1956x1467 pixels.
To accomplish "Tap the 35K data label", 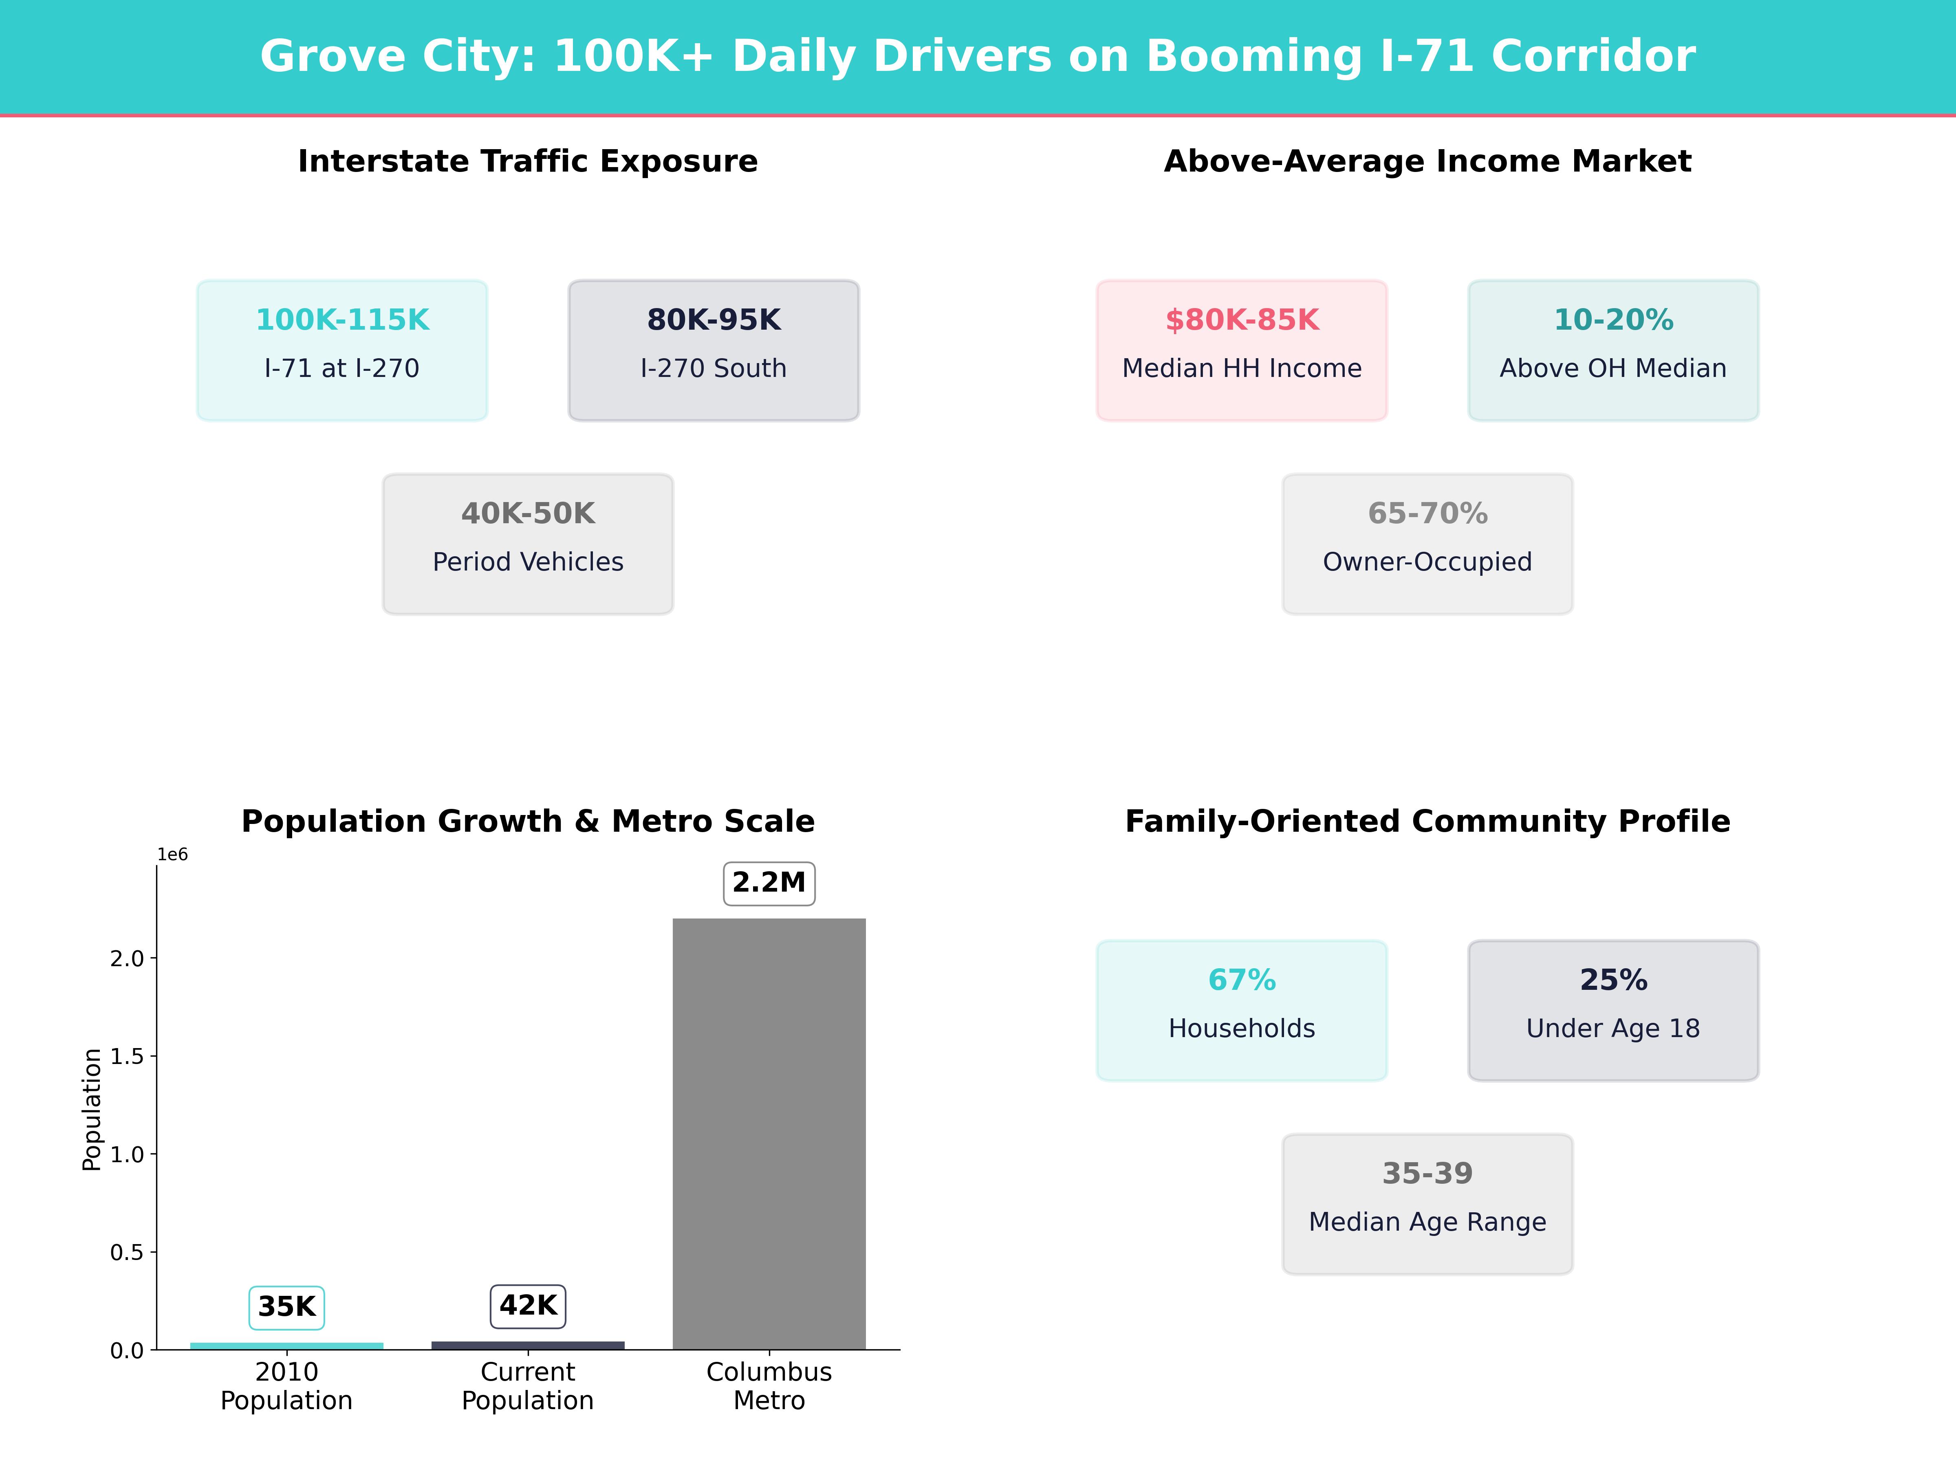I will (x=286, y=1306).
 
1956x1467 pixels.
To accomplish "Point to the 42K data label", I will (x=528, y=1305).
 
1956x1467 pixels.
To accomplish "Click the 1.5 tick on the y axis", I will (x=126, y=1056).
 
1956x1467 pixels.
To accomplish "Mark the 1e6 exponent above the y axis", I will (x=172, y=854).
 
